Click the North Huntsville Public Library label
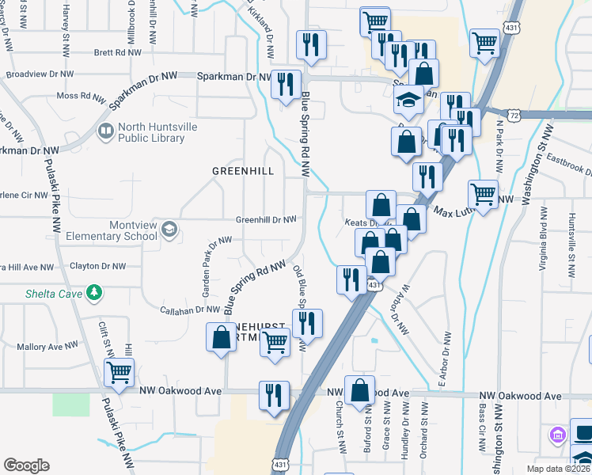(150, 132)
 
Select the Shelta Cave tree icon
(94, 293)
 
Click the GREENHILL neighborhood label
(243, 170)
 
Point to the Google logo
(26, 465)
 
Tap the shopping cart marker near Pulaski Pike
(119, 371)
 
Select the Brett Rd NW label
(117, 53)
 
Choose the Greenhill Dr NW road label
(266, 219)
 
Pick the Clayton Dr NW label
(98, 267)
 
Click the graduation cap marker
(408, 101)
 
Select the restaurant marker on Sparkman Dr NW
(285, 84)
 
